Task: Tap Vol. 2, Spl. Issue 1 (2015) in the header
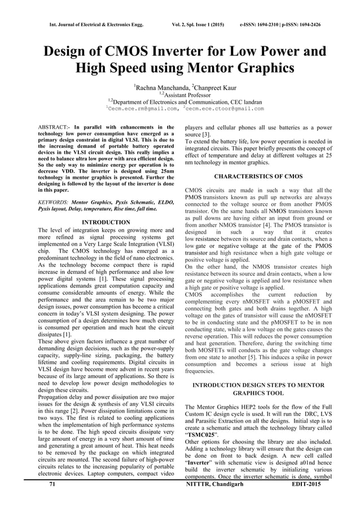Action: tap(195, 9)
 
